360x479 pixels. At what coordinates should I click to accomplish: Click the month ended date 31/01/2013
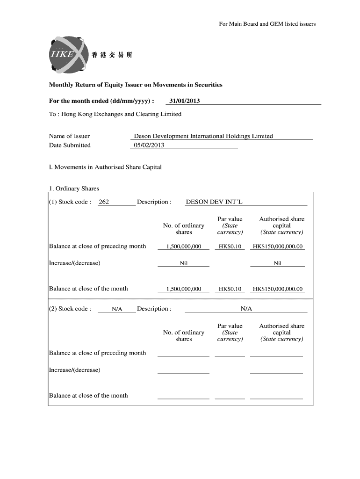point(184,101)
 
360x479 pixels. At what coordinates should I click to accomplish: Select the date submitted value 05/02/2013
point(149,145)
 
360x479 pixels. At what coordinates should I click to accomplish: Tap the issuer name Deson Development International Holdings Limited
point(203,136)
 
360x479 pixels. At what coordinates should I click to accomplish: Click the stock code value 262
point(104,202)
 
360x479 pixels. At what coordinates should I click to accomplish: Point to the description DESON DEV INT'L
point(214,202)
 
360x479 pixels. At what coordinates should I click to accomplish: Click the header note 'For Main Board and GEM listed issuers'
point(267,24)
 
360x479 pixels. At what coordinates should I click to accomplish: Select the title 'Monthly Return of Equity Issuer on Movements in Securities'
point(136,85)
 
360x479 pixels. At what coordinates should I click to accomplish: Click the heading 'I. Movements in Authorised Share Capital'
point(105,167)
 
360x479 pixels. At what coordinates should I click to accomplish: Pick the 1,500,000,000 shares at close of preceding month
point(183,247)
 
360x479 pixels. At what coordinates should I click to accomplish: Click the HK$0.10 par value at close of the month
point(230,289)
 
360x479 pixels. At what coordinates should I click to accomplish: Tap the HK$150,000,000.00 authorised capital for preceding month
point(277,247)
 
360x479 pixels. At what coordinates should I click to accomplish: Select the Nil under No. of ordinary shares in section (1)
point(184,263)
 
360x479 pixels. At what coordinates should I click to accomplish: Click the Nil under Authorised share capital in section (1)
point(277,263)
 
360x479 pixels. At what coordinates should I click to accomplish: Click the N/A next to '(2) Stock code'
point(117,309)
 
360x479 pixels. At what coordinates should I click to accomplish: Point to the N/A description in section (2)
point(246,309)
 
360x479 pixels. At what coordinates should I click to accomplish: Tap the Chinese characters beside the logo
point(112,55)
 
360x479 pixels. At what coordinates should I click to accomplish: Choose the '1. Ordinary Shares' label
point(74,189)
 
